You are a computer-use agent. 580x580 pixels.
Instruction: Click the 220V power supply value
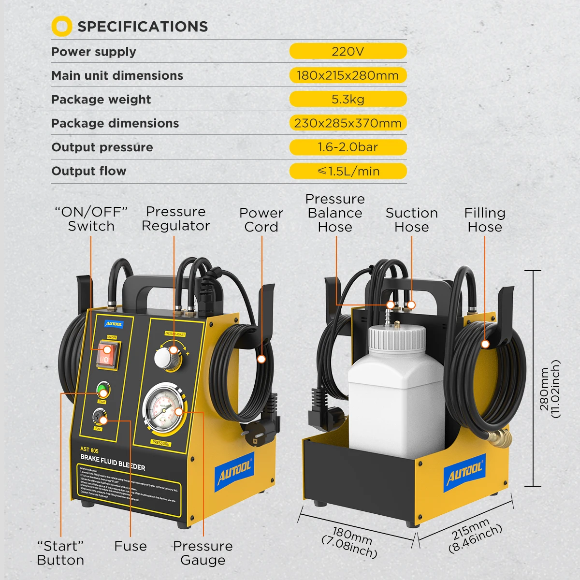(x=348, y=51)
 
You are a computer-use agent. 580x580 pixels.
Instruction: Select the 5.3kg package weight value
(x=348, y=99)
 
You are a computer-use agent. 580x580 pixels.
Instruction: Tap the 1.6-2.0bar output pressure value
(x=348, y=147)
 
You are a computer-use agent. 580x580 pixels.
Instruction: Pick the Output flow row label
(x=89, y=171)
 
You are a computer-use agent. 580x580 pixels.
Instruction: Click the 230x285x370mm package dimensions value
(x=348, y=123)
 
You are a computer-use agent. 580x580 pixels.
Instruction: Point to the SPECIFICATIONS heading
(x=143, y=27)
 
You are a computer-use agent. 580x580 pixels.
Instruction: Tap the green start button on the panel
(x=102, y=389)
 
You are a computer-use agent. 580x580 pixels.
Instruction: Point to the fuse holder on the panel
(x=99, y=417)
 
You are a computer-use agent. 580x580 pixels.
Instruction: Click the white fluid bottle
(x=395, y=406)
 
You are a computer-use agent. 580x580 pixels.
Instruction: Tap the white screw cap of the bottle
(x=397, y=338)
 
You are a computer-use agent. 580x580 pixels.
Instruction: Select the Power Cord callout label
(x=261, y=220)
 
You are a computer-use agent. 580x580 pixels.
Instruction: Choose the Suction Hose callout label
(x=411, y=220)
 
